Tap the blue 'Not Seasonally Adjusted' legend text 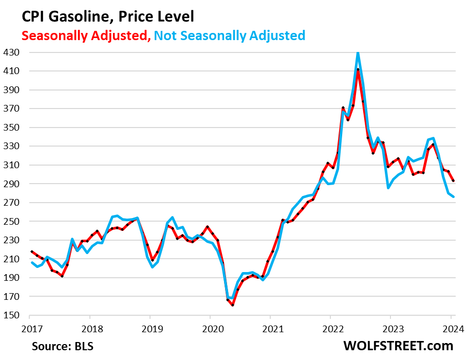click(x=230, y=35)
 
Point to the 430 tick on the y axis click(x=11, y=52)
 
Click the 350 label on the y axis click(x=11, y=128)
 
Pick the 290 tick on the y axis click(x=11, y=184)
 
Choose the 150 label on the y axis click(x=11, y=316)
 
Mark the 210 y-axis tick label click(x=11, y=259)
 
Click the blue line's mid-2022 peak click(x=358, y=52)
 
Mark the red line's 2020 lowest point click(x=233, y=305)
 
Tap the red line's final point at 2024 click(x=453, y=181)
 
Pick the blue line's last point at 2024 click(x=453, y=197)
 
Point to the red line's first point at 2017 click(x=31, y=251)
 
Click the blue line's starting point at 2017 click(x=31, y=262)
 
